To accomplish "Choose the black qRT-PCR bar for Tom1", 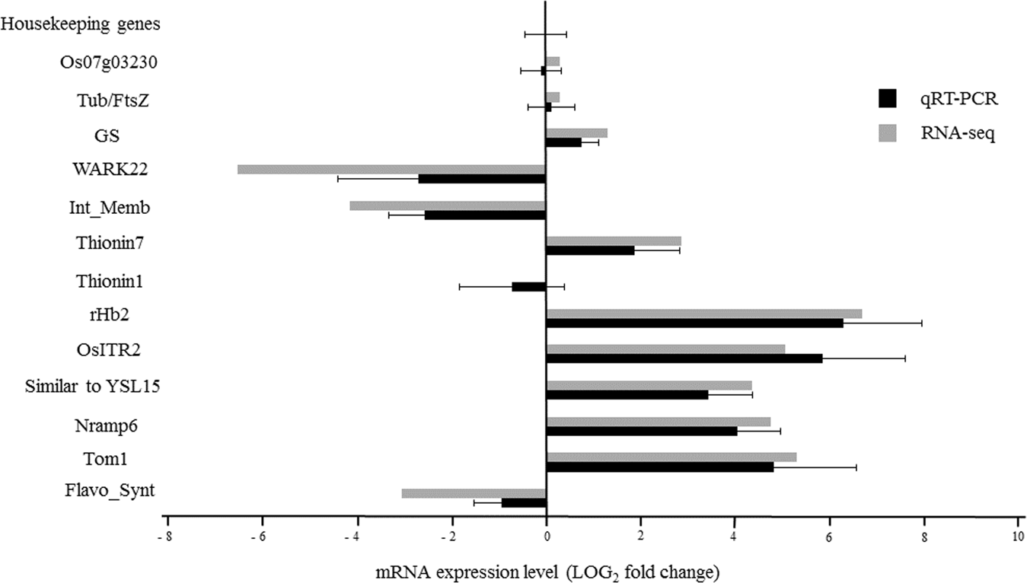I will (659, 467).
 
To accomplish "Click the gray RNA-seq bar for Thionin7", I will (614, 241).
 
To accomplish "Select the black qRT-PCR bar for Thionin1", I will (529, 287).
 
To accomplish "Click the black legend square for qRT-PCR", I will (888, 99).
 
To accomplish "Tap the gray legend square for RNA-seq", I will (888, 134).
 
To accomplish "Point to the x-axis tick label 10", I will (1017, 535).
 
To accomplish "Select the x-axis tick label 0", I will (546, 535).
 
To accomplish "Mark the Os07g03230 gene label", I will (110, 62).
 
